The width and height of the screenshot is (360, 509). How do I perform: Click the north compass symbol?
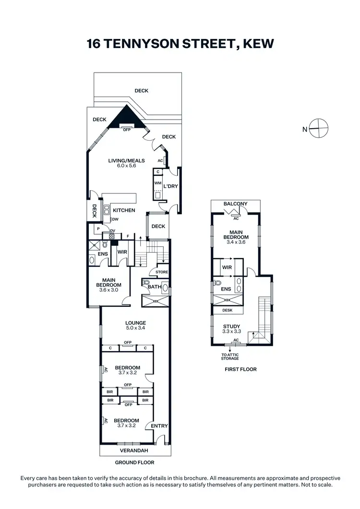coord(318,128)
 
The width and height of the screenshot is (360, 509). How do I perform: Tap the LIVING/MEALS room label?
coord(127,160)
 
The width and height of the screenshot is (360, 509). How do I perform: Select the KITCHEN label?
coord(124,210)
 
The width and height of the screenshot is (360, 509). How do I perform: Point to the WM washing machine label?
coord(158,183)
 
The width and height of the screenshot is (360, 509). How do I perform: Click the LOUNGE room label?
coord(135,323)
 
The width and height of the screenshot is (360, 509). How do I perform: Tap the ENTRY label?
coord(159,426)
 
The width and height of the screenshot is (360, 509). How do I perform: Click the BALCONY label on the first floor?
coord(236,204)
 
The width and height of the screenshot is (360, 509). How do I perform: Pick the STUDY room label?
coord(236,327)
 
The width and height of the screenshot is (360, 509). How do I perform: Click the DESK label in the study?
coord(228,311)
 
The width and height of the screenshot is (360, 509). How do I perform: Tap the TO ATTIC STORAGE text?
coord(229,356)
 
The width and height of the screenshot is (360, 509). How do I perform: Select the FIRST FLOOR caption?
coord(240,369)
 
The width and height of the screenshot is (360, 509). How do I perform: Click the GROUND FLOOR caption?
coord(135,462)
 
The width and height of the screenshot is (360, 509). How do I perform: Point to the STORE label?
coord(162,272)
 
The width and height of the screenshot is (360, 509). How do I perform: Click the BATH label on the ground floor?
coord(155,287)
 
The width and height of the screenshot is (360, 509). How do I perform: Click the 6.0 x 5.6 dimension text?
coord(127,166)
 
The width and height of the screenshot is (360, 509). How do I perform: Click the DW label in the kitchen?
coord(115,219)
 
